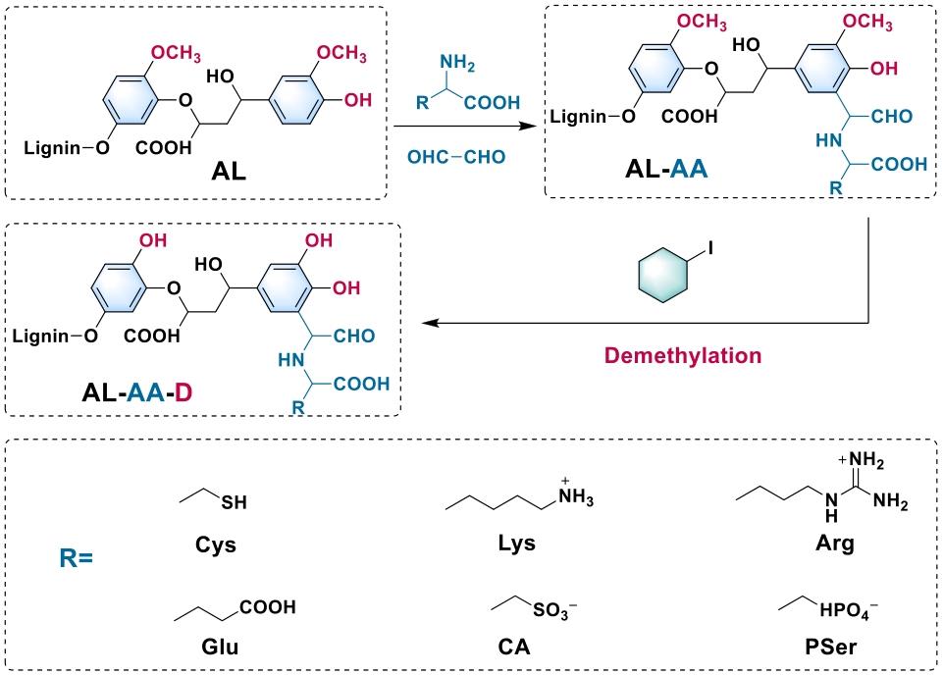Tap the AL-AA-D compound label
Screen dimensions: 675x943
tap(152, 395)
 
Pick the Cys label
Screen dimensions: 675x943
tap(216, 545)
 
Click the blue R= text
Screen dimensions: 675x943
tap(73, 561)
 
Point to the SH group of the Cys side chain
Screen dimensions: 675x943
tap(234, 504)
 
